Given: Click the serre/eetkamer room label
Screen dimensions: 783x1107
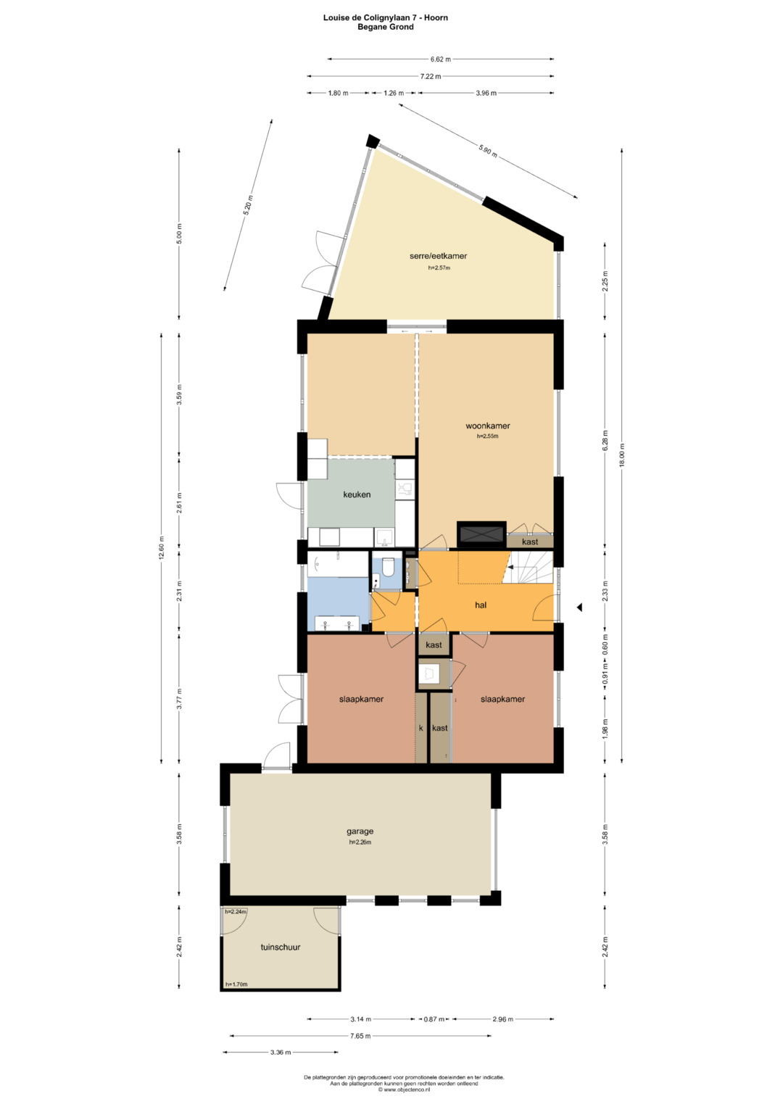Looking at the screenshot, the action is pos(438,256).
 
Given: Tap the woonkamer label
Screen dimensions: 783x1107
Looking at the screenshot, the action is pos(487,426).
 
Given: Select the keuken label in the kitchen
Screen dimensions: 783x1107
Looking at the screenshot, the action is pos(357,494).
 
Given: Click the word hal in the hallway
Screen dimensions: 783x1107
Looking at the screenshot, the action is pos(481,605).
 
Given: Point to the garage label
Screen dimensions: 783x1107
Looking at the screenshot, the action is pos(360,832).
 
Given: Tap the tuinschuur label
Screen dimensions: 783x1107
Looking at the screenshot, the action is pos(281,948).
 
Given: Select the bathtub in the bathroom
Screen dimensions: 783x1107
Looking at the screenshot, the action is pos(338,564).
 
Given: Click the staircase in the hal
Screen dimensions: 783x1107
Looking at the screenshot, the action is pos(528,568).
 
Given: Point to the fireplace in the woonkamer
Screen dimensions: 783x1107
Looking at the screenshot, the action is pos(481,534).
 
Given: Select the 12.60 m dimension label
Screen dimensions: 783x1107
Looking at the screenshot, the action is pos(161,548).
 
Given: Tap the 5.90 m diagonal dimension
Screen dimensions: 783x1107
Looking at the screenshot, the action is pos(487,151).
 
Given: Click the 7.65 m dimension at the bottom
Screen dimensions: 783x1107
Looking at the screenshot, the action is pos(361,1036).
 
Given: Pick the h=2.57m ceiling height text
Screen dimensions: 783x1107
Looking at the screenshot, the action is pos(439,268).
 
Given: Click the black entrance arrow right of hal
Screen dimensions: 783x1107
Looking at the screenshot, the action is pos(579,608).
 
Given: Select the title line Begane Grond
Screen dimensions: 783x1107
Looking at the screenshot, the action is pos(386,27).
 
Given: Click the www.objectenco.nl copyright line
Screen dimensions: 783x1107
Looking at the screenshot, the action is pos(405,1089).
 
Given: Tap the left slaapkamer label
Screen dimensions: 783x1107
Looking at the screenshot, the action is pos(361,699).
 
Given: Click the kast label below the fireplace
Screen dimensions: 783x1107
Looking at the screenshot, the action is pos(530,542).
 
